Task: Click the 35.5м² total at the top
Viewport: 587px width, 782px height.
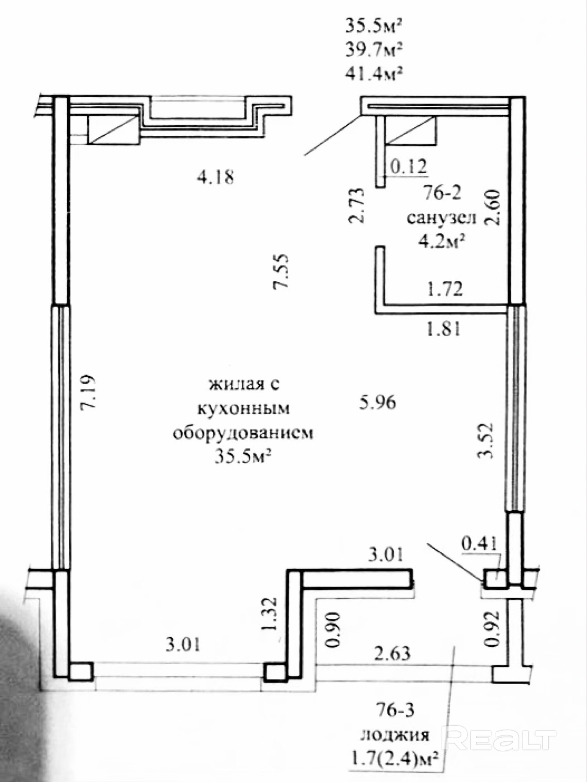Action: tap(373, 27)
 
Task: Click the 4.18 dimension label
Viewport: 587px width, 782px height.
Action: tap(215, 178)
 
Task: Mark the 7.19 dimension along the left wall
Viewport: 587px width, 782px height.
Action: tap(87, 392)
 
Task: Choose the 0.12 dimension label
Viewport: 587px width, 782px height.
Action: tap(408, 167)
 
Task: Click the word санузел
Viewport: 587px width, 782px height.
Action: tap(442, 218)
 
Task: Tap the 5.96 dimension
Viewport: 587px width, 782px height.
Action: tap(378, 402)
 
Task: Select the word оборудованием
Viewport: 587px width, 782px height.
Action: tap(243, 434)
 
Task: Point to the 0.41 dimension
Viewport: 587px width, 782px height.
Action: tap(479, 543)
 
